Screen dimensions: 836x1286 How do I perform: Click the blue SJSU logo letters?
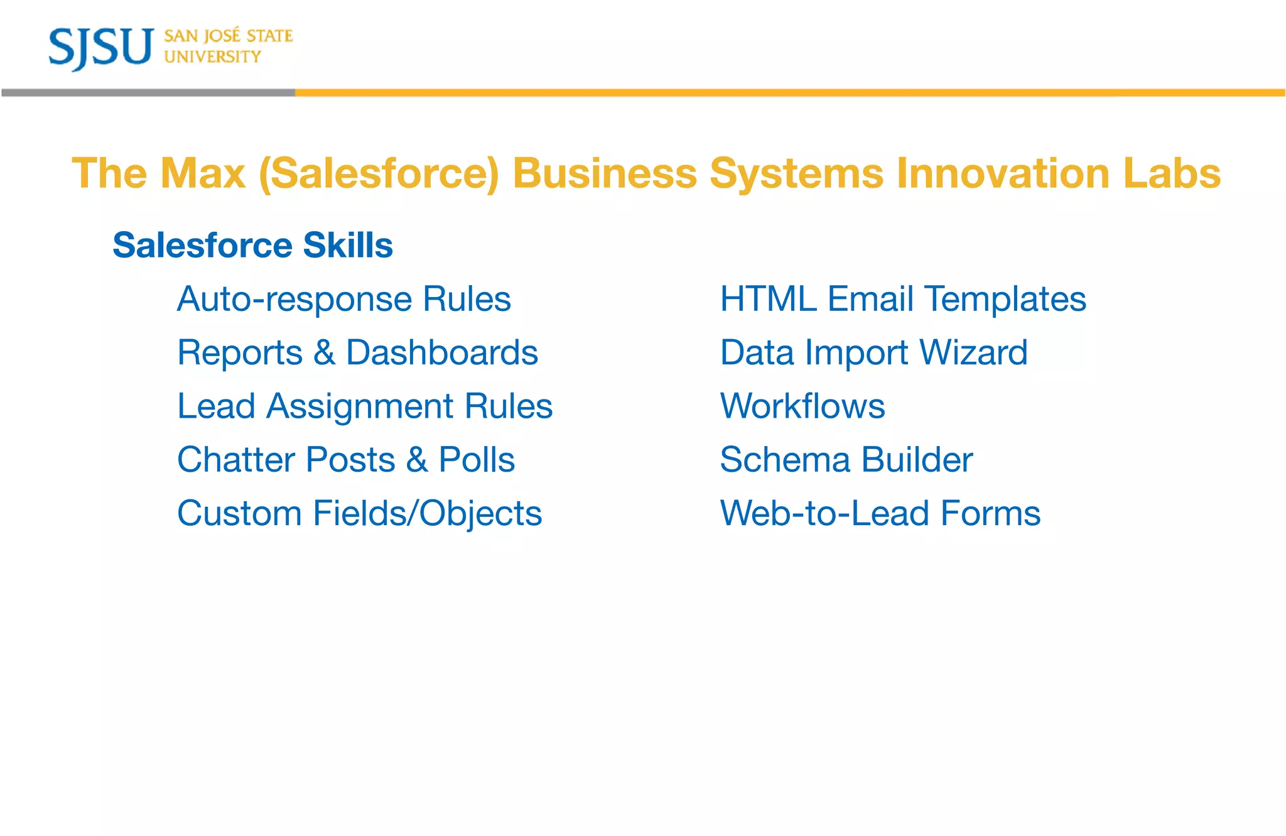[100, 48]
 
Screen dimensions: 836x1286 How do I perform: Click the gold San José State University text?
[228, 46]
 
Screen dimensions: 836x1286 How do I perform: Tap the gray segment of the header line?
[148, 92]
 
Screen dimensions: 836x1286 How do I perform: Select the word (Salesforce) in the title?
[379, 173]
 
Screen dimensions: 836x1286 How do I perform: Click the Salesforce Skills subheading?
[252, 245]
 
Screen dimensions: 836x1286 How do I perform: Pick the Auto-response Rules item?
[343, 299]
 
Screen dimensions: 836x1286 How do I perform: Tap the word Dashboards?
[441, 352]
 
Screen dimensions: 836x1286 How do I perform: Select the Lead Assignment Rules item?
[364, 406]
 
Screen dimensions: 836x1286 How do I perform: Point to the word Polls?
[477, 460]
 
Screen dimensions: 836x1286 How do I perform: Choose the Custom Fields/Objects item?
[359, 514]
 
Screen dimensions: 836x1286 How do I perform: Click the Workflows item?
[802, 406]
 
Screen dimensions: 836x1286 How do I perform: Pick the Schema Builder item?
[846, 460]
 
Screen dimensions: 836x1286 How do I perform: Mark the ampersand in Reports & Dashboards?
[324, 352]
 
